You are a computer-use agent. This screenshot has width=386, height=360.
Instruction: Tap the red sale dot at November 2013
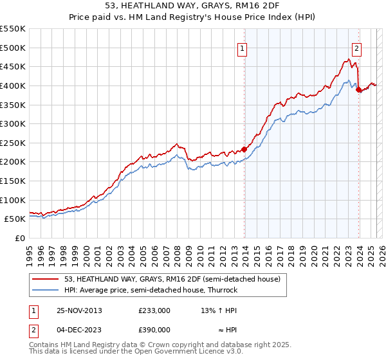click(x=244, y=149)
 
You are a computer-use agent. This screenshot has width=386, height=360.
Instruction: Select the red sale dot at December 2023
click(x=359, y=89)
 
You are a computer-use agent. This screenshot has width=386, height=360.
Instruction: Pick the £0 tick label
click(x=19, y=238)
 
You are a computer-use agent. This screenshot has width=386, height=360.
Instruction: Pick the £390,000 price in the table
click(x=154, y=329)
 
